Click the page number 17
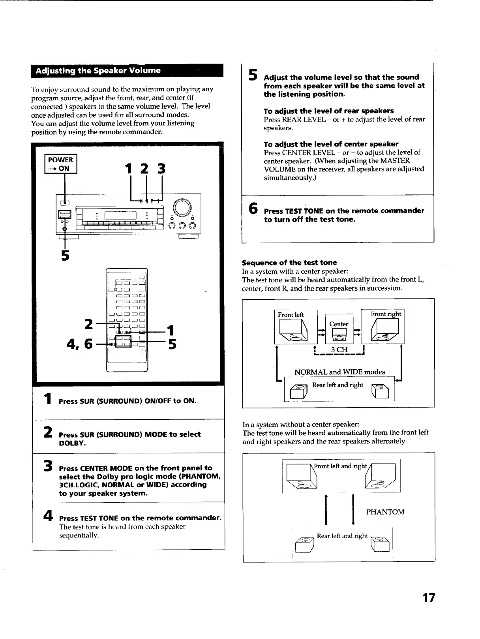428,598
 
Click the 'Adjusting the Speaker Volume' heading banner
98,71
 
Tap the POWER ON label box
60,164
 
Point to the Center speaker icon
339,334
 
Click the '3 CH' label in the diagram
339,350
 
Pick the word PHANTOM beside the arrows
385,512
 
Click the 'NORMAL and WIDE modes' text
339,372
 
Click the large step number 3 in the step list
48,466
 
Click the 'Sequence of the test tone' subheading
289,263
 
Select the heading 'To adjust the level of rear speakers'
328,111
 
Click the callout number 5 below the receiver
65,256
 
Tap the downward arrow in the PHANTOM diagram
353,509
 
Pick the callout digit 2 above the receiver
145,169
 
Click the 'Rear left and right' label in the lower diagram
342,536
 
